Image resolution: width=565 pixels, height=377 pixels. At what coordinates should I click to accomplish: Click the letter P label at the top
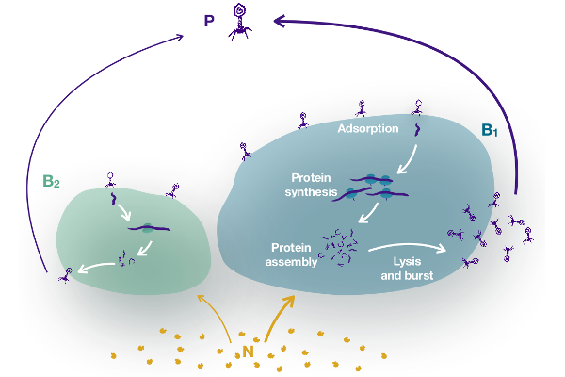tap(208, 20)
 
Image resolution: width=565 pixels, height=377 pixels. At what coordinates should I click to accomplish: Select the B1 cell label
tap(489, 130)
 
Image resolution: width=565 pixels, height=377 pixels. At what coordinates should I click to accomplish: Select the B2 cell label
tap(51, 180)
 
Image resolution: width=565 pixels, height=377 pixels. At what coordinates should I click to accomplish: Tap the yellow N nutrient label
tap(249, 352)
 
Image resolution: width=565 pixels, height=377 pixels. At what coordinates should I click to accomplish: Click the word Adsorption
tap(368, 128)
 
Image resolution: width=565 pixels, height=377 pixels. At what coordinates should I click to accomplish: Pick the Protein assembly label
tap(288, 254)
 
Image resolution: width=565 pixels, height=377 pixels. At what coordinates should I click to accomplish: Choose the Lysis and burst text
tap(407, 270)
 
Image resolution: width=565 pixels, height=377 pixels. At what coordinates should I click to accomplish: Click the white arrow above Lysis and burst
tap(406, 249)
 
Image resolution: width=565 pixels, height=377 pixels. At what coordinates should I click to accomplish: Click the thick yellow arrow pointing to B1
tap(280, 316)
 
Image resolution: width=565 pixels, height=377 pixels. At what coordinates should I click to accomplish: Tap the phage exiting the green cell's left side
tap(67, 274)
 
